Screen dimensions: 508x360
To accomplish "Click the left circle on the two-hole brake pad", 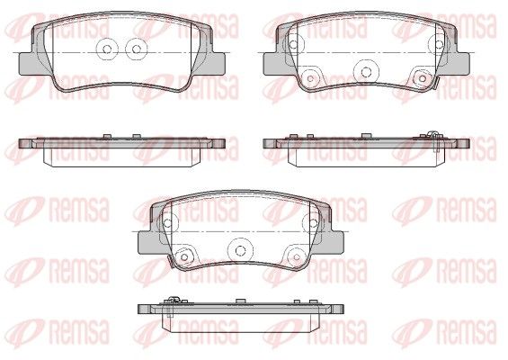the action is tap(107, 49).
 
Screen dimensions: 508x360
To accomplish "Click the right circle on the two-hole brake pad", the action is tap(137, 49).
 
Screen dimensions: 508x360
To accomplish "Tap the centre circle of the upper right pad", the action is tap(366, 71).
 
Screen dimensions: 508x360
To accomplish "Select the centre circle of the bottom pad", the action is tap(240, 250).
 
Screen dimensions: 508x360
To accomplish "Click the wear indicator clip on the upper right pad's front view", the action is tap(435, 84).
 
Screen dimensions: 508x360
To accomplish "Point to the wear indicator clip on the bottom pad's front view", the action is tap(171, 262).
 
